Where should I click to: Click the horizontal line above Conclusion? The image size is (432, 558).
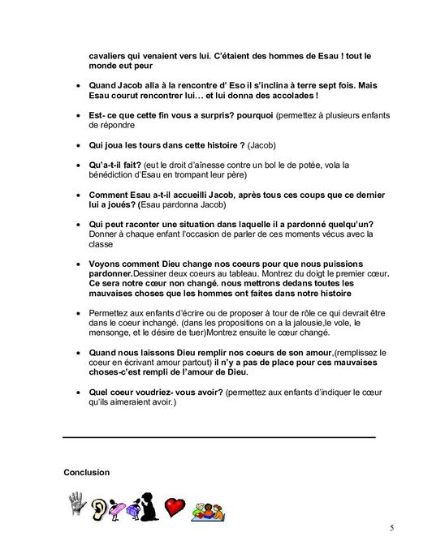219,438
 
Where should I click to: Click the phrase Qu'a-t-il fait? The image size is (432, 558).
119,164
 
